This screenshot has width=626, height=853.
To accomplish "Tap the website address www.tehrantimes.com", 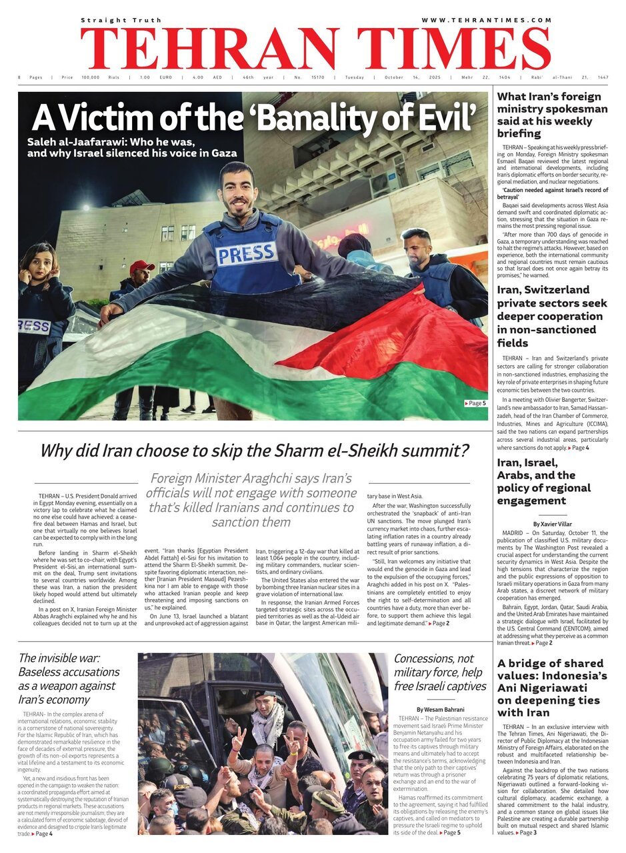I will [486, 21].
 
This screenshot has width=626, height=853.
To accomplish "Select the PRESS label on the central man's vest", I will [247, 253].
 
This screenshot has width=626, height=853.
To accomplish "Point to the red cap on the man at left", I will [141, 267].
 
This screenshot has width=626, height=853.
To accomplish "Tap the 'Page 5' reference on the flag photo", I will [475, 403].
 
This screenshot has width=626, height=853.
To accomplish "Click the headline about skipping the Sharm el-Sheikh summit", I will [254, 451].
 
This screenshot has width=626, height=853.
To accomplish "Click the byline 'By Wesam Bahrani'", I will [440, 709].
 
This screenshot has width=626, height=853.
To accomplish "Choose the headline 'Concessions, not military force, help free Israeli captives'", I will [440, 672].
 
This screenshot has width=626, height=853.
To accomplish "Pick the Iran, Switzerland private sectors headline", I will [553, 316].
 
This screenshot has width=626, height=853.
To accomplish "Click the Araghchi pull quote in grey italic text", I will [251, 500].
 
